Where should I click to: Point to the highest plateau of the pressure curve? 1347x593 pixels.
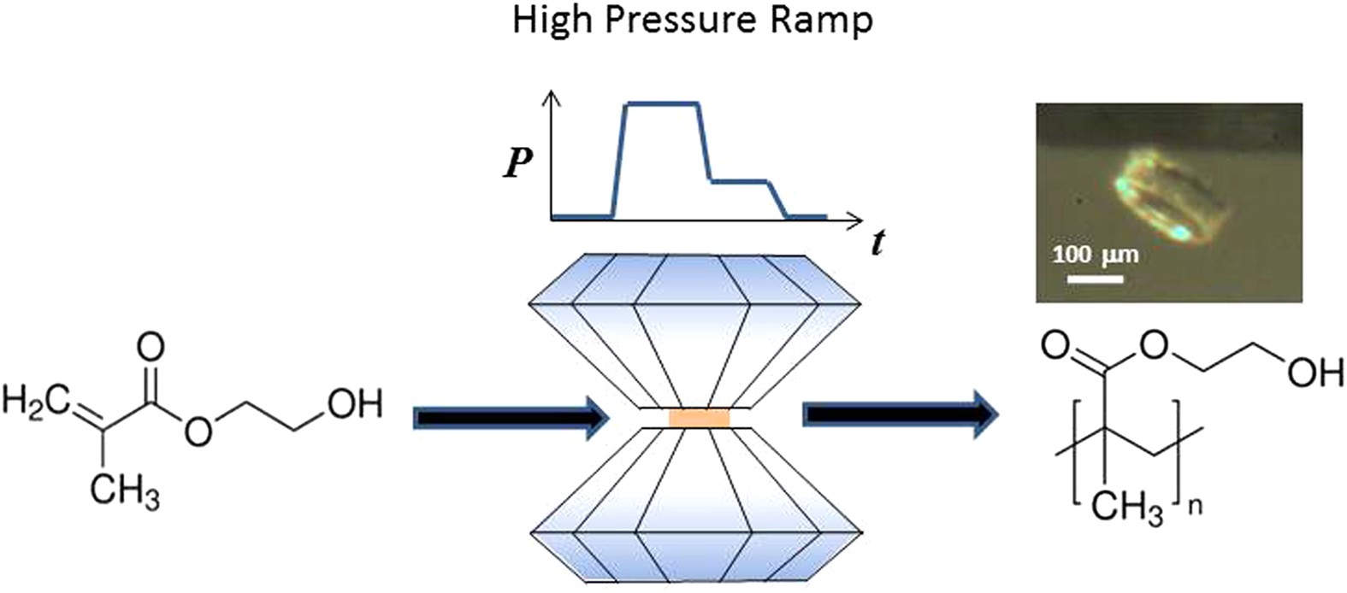point(663,104)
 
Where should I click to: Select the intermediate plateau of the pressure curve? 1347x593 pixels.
point(740,181)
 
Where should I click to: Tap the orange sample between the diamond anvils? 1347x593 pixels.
point(700,418)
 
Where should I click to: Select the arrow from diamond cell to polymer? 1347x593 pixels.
point(898,415)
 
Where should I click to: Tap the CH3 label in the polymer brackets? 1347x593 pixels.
point(1129,508)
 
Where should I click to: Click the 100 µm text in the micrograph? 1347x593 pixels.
point(1095,255)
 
